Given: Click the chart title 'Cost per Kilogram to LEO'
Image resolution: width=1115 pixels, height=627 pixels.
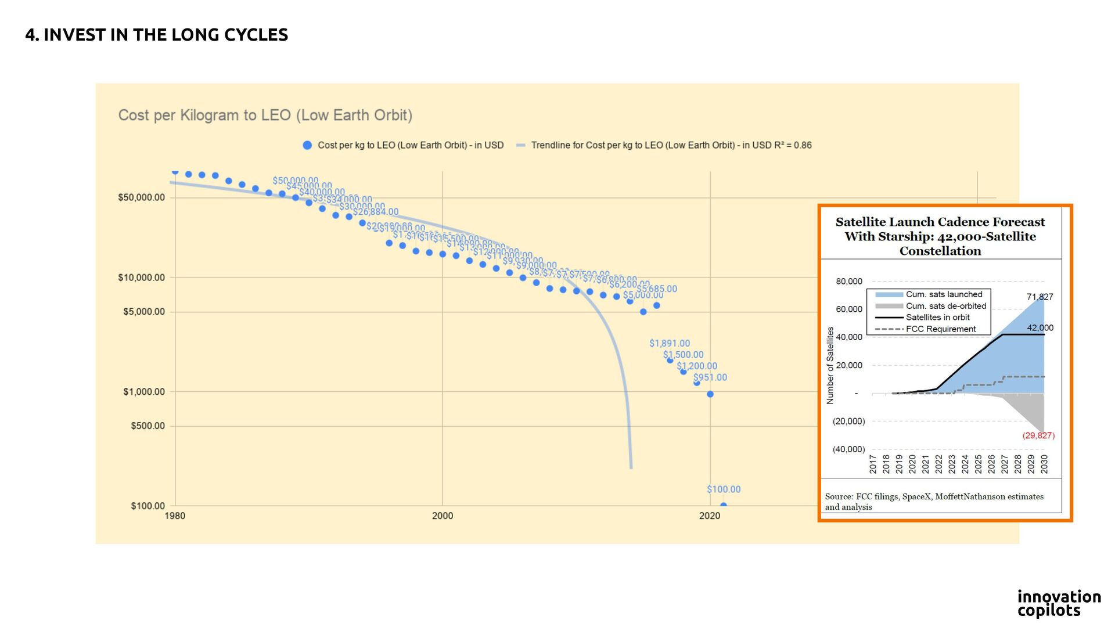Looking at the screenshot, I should coord(265,115).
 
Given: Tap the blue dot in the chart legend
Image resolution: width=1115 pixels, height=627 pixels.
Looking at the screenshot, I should coord(307,145).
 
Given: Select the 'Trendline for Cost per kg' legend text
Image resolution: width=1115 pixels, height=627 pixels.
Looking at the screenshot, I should coord(671,145).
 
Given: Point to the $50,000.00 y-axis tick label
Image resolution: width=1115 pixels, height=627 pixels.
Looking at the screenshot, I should coord(142,197).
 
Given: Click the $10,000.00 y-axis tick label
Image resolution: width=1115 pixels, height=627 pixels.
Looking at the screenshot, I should coord(142,278).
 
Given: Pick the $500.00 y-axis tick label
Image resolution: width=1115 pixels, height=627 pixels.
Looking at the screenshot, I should coord(148,426).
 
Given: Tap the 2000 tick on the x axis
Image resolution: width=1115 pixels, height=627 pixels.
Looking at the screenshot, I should coord(443,516).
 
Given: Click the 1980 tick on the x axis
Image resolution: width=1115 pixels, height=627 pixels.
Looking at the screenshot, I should coord(175,516).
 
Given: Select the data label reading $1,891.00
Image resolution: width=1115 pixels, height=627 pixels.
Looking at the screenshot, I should coord(670,344).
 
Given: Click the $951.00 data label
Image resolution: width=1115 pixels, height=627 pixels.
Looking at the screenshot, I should coord(710,377).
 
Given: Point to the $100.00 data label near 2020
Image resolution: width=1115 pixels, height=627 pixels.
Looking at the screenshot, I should coord(724,489).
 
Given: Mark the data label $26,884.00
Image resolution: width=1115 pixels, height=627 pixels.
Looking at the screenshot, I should coord(376,212).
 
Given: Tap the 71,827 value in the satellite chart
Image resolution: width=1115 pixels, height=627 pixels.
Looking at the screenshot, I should coord(1040,297).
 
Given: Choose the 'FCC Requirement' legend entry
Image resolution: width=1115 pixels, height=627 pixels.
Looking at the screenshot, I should coord(941,329).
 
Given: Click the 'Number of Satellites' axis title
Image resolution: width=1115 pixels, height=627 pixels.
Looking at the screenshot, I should coord(830,365).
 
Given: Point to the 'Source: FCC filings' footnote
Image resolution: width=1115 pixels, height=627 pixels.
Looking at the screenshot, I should coord(934,502).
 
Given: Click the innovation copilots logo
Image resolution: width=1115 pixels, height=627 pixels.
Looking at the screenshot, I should coord(1059,603).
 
